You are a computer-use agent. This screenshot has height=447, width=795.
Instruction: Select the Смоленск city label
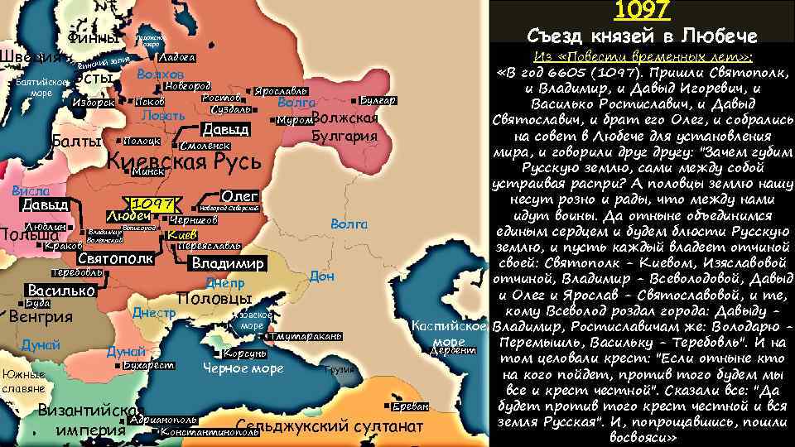coord(204,146)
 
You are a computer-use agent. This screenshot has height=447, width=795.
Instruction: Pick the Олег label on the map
coord(241,195)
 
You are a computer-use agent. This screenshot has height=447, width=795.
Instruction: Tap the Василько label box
coord(60,291)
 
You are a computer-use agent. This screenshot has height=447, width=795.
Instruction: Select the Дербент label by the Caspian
coord(455,350)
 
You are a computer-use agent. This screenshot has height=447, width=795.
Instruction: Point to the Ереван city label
coord(411,406)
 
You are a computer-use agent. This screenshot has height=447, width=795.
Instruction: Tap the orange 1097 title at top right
coord(642,12)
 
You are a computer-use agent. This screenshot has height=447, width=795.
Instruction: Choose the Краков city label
coord(64,246)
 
